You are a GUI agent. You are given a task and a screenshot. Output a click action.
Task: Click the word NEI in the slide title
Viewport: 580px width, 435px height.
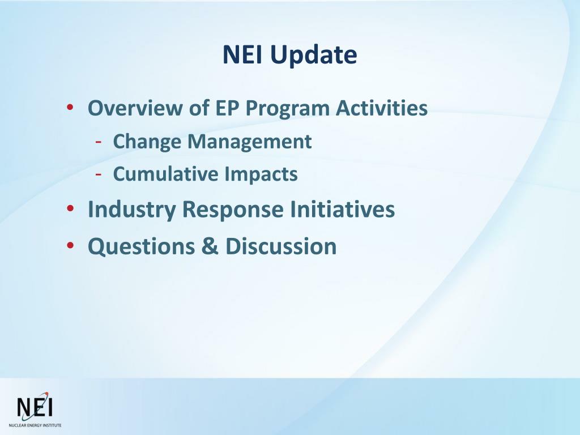tap(242, 54)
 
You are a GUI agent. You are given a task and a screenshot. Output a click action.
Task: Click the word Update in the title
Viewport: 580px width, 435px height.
tap(314, 56)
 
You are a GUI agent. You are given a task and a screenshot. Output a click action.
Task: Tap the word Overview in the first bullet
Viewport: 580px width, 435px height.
tap(135, 108)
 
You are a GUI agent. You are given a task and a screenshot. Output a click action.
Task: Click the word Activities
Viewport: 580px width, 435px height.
tap(382, 108)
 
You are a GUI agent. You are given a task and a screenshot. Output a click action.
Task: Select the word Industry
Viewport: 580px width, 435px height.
tap(131, 210)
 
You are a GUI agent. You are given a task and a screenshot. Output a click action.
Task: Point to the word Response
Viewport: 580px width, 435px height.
tap(233, 210)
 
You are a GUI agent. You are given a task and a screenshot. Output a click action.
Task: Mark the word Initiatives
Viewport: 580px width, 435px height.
tap(343, 209)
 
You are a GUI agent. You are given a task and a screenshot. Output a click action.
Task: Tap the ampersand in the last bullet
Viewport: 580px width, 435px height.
tap(210, 246)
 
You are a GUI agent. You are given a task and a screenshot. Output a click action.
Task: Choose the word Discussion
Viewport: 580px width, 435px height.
tap(281, 246)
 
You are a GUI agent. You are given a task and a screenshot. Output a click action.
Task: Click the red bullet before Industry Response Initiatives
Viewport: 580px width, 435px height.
tap(70, 208)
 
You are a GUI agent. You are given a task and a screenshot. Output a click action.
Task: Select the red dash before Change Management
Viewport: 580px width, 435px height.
tap(99, 142)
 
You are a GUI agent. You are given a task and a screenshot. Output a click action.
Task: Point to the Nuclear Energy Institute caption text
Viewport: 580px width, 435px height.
tap(35, 426)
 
